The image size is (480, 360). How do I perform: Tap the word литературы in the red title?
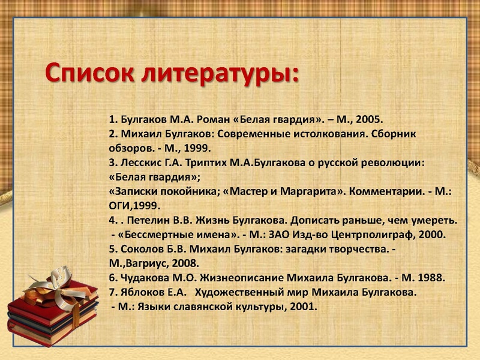[x=220, y=76]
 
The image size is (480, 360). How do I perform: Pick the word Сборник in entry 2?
[x=395, y=133]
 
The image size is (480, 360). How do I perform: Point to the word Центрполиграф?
[x=374, y=234]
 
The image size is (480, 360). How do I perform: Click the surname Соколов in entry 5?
[x=142, y=248]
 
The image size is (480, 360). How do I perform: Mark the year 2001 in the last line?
[x=303, y=307]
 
